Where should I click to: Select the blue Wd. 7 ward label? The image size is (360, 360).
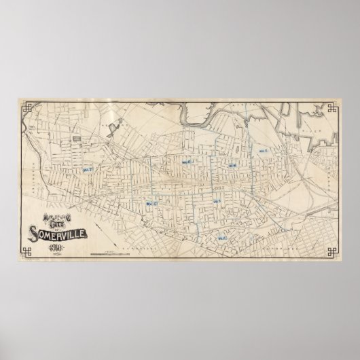tap(88, 170)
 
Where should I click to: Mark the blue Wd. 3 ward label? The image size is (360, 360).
tap(217, 200)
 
